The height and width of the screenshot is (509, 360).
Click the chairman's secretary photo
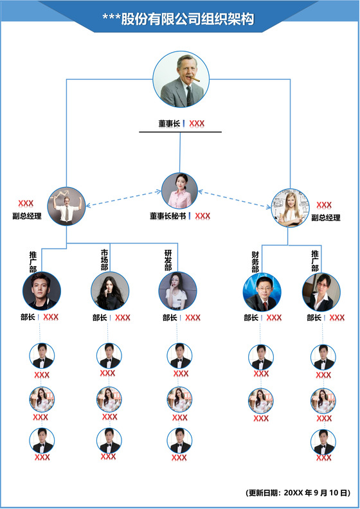(179, 191)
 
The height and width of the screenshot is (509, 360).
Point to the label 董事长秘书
(168, 216)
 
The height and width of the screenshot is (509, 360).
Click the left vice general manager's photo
(66, 206)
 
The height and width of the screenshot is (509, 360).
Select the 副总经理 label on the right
(326, 218)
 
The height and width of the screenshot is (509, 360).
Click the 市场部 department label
(104, 259)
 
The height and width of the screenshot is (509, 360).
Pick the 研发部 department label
(168, 260)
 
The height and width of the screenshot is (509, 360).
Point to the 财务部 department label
(255, 262)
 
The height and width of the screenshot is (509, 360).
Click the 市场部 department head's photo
(110, 291)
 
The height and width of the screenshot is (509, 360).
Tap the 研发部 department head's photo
(177, 291)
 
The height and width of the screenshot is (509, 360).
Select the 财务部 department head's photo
(262, 292)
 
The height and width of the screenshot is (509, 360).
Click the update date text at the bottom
(298, 493)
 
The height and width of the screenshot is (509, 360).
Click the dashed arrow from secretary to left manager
(122, 199)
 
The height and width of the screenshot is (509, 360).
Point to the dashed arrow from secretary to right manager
(235, 199)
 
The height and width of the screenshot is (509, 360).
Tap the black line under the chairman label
(180, 132)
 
